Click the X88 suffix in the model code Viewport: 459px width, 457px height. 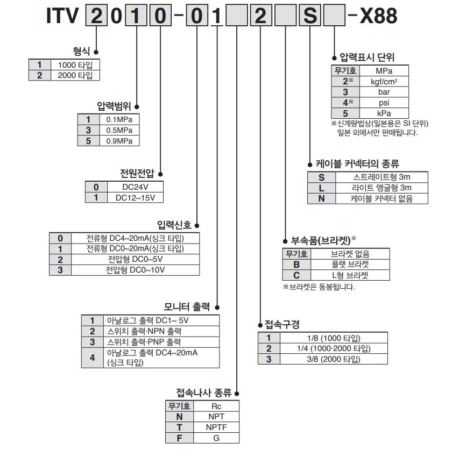(x=378, y=17)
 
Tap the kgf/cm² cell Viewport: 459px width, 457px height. (x=384, y=82)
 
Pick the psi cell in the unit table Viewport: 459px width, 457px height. (x=384, y=103)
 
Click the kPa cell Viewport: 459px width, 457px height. (x=384, y=113)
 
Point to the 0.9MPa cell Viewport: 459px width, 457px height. (x=119, y=141)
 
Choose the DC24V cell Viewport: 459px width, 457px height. (x=136, y=187)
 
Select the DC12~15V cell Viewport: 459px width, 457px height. (x=136, y=198)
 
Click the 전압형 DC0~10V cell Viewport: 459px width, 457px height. (x=135, y=270)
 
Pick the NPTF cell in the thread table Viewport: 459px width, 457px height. (x=216, y=427)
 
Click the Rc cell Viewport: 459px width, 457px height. (x=216, y=406)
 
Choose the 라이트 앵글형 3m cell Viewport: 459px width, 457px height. (x=382, y=188)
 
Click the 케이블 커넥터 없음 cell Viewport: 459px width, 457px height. (x=382, y=198)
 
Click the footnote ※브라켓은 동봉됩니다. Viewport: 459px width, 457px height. (x=319, y=287)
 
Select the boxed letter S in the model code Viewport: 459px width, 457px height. (x=310, y=17)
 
